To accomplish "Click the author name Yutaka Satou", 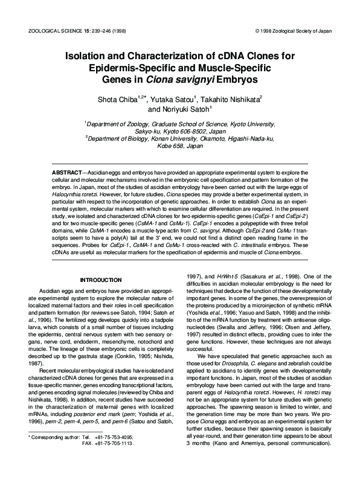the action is tap(176, 98).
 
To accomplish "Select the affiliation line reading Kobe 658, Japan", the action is tap(179, 146).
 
